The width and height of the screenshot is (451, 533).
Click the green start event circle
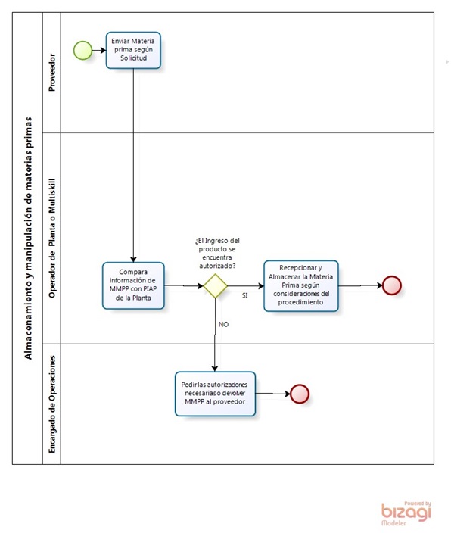click(82, 50)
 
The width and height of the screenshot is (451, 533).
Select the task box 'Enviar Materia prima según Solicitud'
click(133, 50)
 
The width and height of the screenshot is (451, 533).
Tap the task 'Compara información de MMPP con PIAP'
click(133, 285)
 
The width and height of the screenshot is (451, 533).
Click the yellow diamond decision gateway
click(215, 286)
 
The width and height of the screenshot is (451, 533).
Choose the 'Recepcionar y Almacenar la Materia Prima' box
click(301, 286)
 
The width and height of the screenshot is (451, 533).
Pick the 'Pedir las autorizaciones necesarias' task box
click(215, 394)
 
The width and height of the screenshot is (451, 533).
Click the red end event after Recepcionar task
click(392, 285)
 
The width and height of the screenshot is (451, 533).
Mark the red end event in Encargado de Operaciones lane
click(300, 394)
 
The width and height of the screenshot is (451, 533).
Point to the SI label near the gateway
click(244, 296)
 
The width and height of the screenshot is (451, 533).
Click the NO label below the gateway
click(223, 324)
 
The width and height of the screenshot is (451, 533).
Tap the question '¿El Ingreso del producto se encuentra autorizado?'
click(217, 253)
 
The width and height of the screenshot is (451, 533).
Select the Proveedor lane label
click(51, 73)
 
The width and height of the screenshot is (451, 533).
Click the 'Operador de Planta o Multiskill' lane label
click(51, 238)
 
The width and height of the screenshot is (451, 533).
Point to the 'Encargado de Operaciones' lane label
click(51, 404)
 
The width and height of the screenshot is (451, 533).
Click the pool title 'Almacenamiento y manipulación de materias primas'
click(28, 238)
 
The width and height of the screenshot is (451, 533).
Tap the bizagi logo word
click(406, 513)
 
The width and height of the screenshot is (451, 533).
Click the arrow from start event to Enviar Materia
click(99, 50)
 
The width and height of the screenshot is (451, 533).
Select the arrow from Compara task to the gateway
click(184, 285)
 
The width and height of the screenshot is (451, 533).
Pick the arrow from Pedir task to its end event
click(273, 394)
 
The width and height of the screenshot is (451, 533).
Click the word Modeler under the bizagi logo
click(393, 523)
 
